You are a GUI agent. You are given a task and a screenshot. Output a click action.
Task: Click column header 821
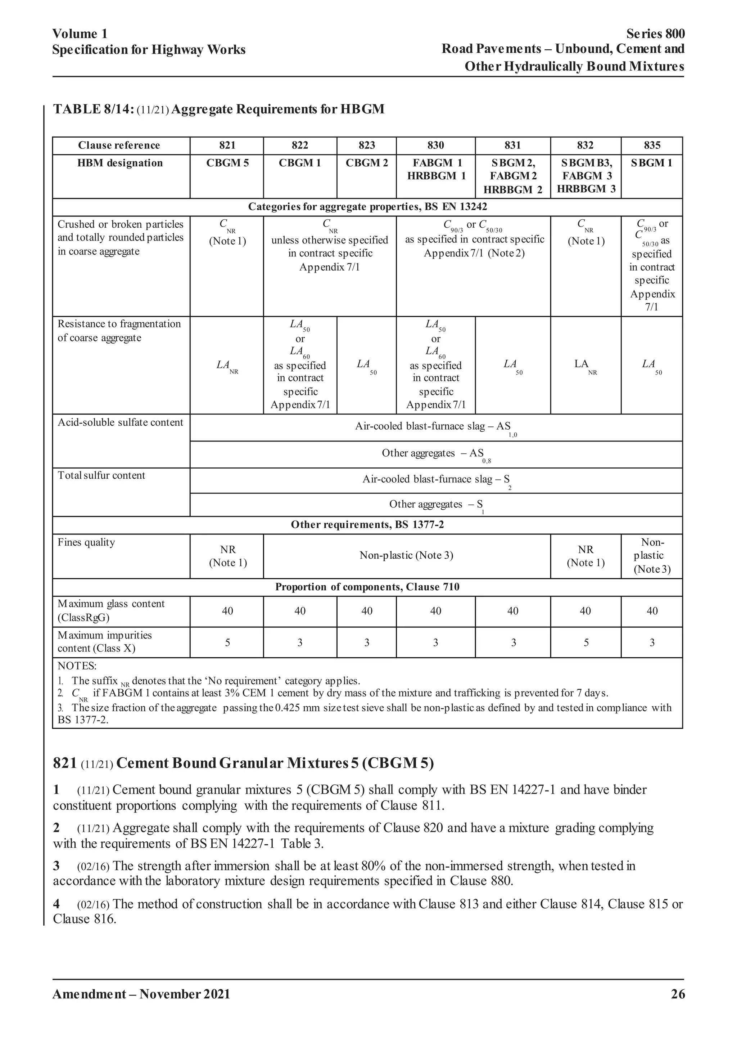(x=227, y=146)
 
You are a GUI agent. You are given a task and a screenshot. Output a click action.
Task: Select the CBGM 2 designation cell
(x=367, y=163)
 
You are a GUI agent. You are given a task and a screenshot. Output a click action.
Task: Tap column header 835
(x=652, y=146)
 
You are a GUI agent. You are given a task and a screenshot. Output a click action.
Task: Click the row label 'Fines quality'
(x=86, y=542)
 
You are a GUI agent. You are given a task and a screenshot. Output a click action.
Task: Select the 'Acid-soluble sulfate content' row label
(x=120, y=422)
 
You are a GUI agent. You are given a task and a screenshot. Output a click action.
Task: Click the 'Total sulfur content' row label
(x=101, y=476)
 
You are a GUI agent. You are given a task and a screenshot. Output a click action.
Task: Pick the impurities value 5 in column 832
(x=585, y=643)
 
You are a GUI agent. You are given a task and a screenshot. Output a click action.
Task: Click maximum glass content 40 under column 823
(x=367, y=611)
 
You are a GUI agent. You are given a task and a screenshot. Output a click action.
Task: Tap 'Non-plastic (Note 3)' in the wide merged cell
(x=406, y=556)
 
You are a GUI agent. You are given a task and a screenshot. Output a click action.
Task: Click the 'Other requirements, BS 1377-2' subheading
(x=367, y=525)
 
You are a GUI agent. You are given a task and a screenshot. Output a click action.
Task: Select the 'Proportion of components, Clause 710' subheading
(x=367, y=587)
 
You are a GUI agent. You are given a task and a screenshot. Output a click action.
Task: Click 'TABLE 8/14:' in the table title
(x=94, y=109)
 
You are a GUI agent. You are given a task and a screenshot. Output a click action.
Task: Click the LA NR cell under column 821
(x=227, y=365)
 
